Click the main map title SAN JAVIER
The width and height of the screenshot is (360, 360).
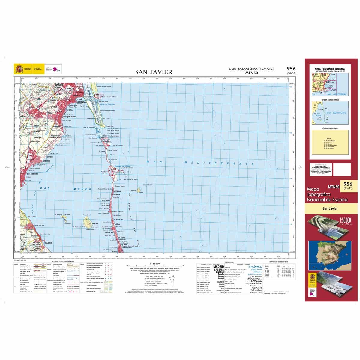point(154,72)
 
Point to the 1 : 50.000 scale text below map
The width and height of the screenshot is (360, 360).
point(152,263)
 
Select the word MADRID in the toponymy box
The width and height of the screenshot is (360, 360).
point(218,266)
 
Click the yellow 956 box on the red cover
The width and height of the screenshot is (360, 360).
point(347,185)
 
